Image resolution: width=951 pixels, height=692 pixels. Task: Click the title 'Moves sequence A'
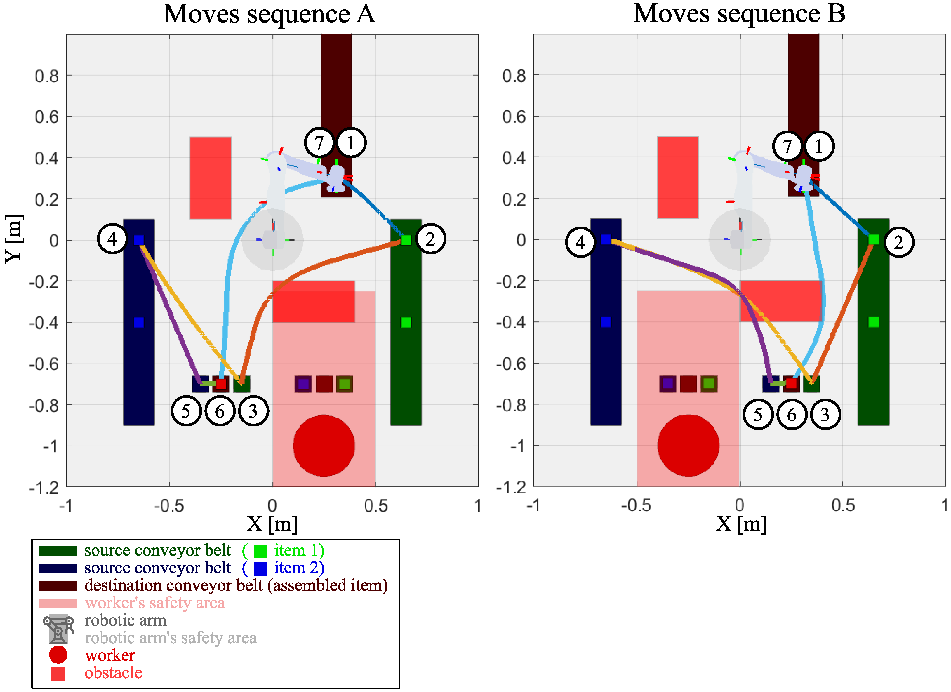click(269, 14)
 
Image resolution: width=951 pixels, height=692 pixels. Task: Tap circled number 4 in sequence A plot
click(112, 239)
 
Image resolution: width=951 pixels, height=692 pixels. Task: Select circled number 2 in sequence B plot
click(898, 242)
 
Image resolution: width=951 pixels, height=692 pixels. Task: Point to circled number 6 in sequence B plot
click(791, 414)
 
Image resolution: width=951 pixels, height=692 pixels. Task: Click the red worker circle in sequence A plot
click(324, 446)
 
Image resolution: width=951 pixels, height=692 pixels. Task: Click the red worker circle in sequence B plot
click(688, 445)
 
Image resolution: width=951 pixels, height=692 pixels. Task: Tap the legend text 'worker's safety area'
click(155, 603)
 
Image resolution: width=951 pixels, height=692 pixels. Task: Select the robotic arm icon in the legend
click(58, 629)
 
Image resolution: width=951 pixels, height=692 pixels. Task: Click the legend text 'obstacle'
click(113, 673)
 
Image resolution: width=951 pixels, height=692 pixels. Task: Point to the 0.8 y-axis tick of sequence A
click(47, 76)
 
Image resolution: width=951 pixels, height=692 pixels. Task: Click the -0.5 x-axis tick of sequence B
click(636, 505)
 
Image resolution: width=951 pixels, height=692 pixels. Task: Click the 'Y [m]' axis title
click(14, 239)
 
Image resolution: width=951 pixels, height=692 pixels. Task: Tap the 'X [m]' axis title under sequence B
click(741, 524)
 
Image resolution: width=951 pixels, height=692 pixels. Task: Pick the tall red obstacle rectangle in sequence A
click(211, 178)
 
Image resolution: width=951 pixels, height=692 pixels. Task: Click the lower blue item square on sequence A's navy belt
click(139, 322)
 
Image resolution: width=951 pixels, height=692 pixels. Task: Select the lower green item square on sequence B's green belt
click(873, 322)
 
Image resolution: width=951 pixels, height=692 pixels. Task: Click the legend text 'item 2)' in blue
click(298, 568)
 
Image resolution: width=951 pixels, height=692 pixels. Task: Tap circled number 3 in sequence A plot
click(253, 411)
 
